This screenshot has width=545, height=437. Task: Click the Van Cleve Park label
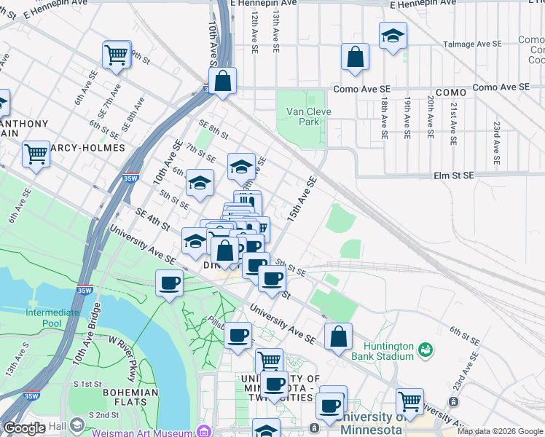[x=303, y=117]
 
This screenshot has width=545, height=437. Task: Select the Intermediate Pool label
[x=53, y=318]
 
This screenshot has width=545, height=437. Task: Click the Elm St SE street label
[x=453, y=176]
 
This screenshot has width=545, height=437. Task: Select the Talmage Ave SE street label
[x=473, y=44]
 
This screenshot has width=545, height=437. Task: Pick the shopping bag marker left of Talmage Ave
[x=355, y=58]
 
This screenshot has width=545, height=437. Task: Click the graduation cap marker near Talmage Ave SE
[x=393, y=36]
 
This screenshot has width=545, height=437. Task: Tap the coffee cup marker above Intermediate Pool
[x=170, y=283]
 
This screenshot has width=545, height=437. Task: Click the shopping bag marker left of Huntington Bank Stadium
[x=338, y=337]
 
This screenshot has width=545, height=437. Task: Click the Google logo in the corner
[x=24, y=429]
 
